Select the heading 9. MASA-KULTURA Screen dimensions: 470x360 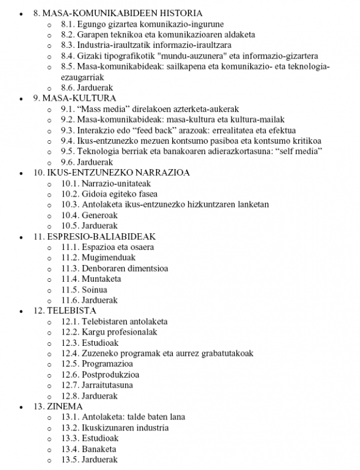click(75, 98)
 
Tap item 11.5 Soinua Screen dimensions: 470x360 click(84, 290)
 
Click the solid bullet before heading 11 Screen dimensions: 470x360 click(22, 237)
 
